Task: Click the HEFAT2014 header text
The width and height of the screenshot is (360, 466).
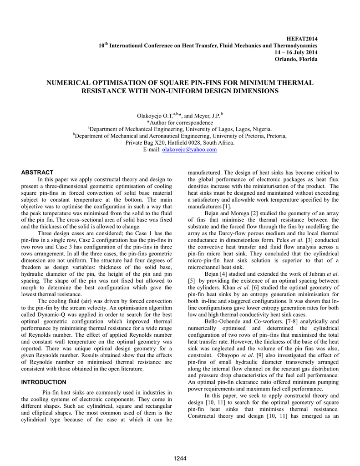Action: [x=304, y=40]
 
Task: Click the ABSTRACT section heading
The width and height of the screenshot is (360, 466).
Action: [x=38, y=172]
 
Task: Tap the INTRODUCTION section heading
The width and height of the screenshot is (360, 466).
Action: [x=44, y=382]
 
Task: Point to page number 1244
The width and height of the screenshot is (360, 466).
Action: [x=180, y=458]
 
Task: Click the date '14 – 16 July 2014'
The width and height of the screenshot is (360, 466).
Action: [x=296, y=52]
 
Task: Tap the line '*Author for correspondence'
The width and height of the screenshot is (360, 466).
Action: [x=180, y=123]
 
